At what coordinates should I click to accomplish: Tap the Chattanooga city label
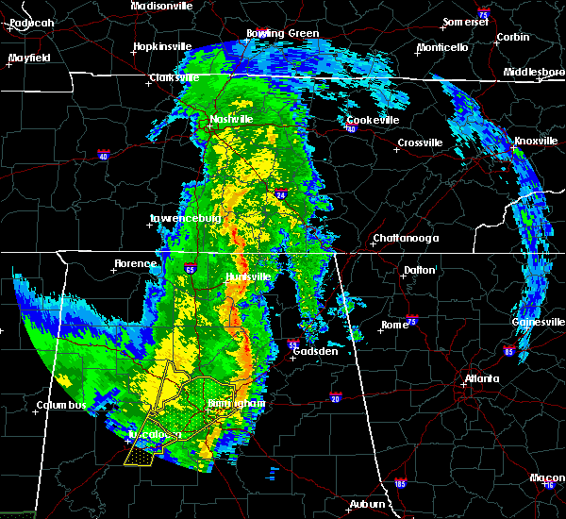coord(405,239)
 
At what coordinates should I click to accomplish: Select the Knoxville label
coord(535,142)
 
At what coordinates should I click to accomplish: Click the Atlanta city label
coord(482,380)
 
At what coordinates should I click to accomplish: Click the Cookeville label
coord(373,121)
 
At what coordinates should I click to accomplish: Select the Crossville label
coord(420,142)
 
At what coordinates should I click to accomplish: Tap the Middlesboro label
coord(534,73)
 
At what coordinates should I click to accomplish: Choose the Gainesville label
coord(540,322)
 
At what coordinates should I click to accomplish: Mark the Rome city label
coord(394,325)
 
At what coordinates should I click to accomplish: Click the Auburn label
coord(369,505)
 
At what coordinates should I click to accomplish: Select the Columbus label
coord(61,406)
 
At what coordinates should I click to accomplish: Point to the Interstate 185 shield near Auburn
coord(400,484)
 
